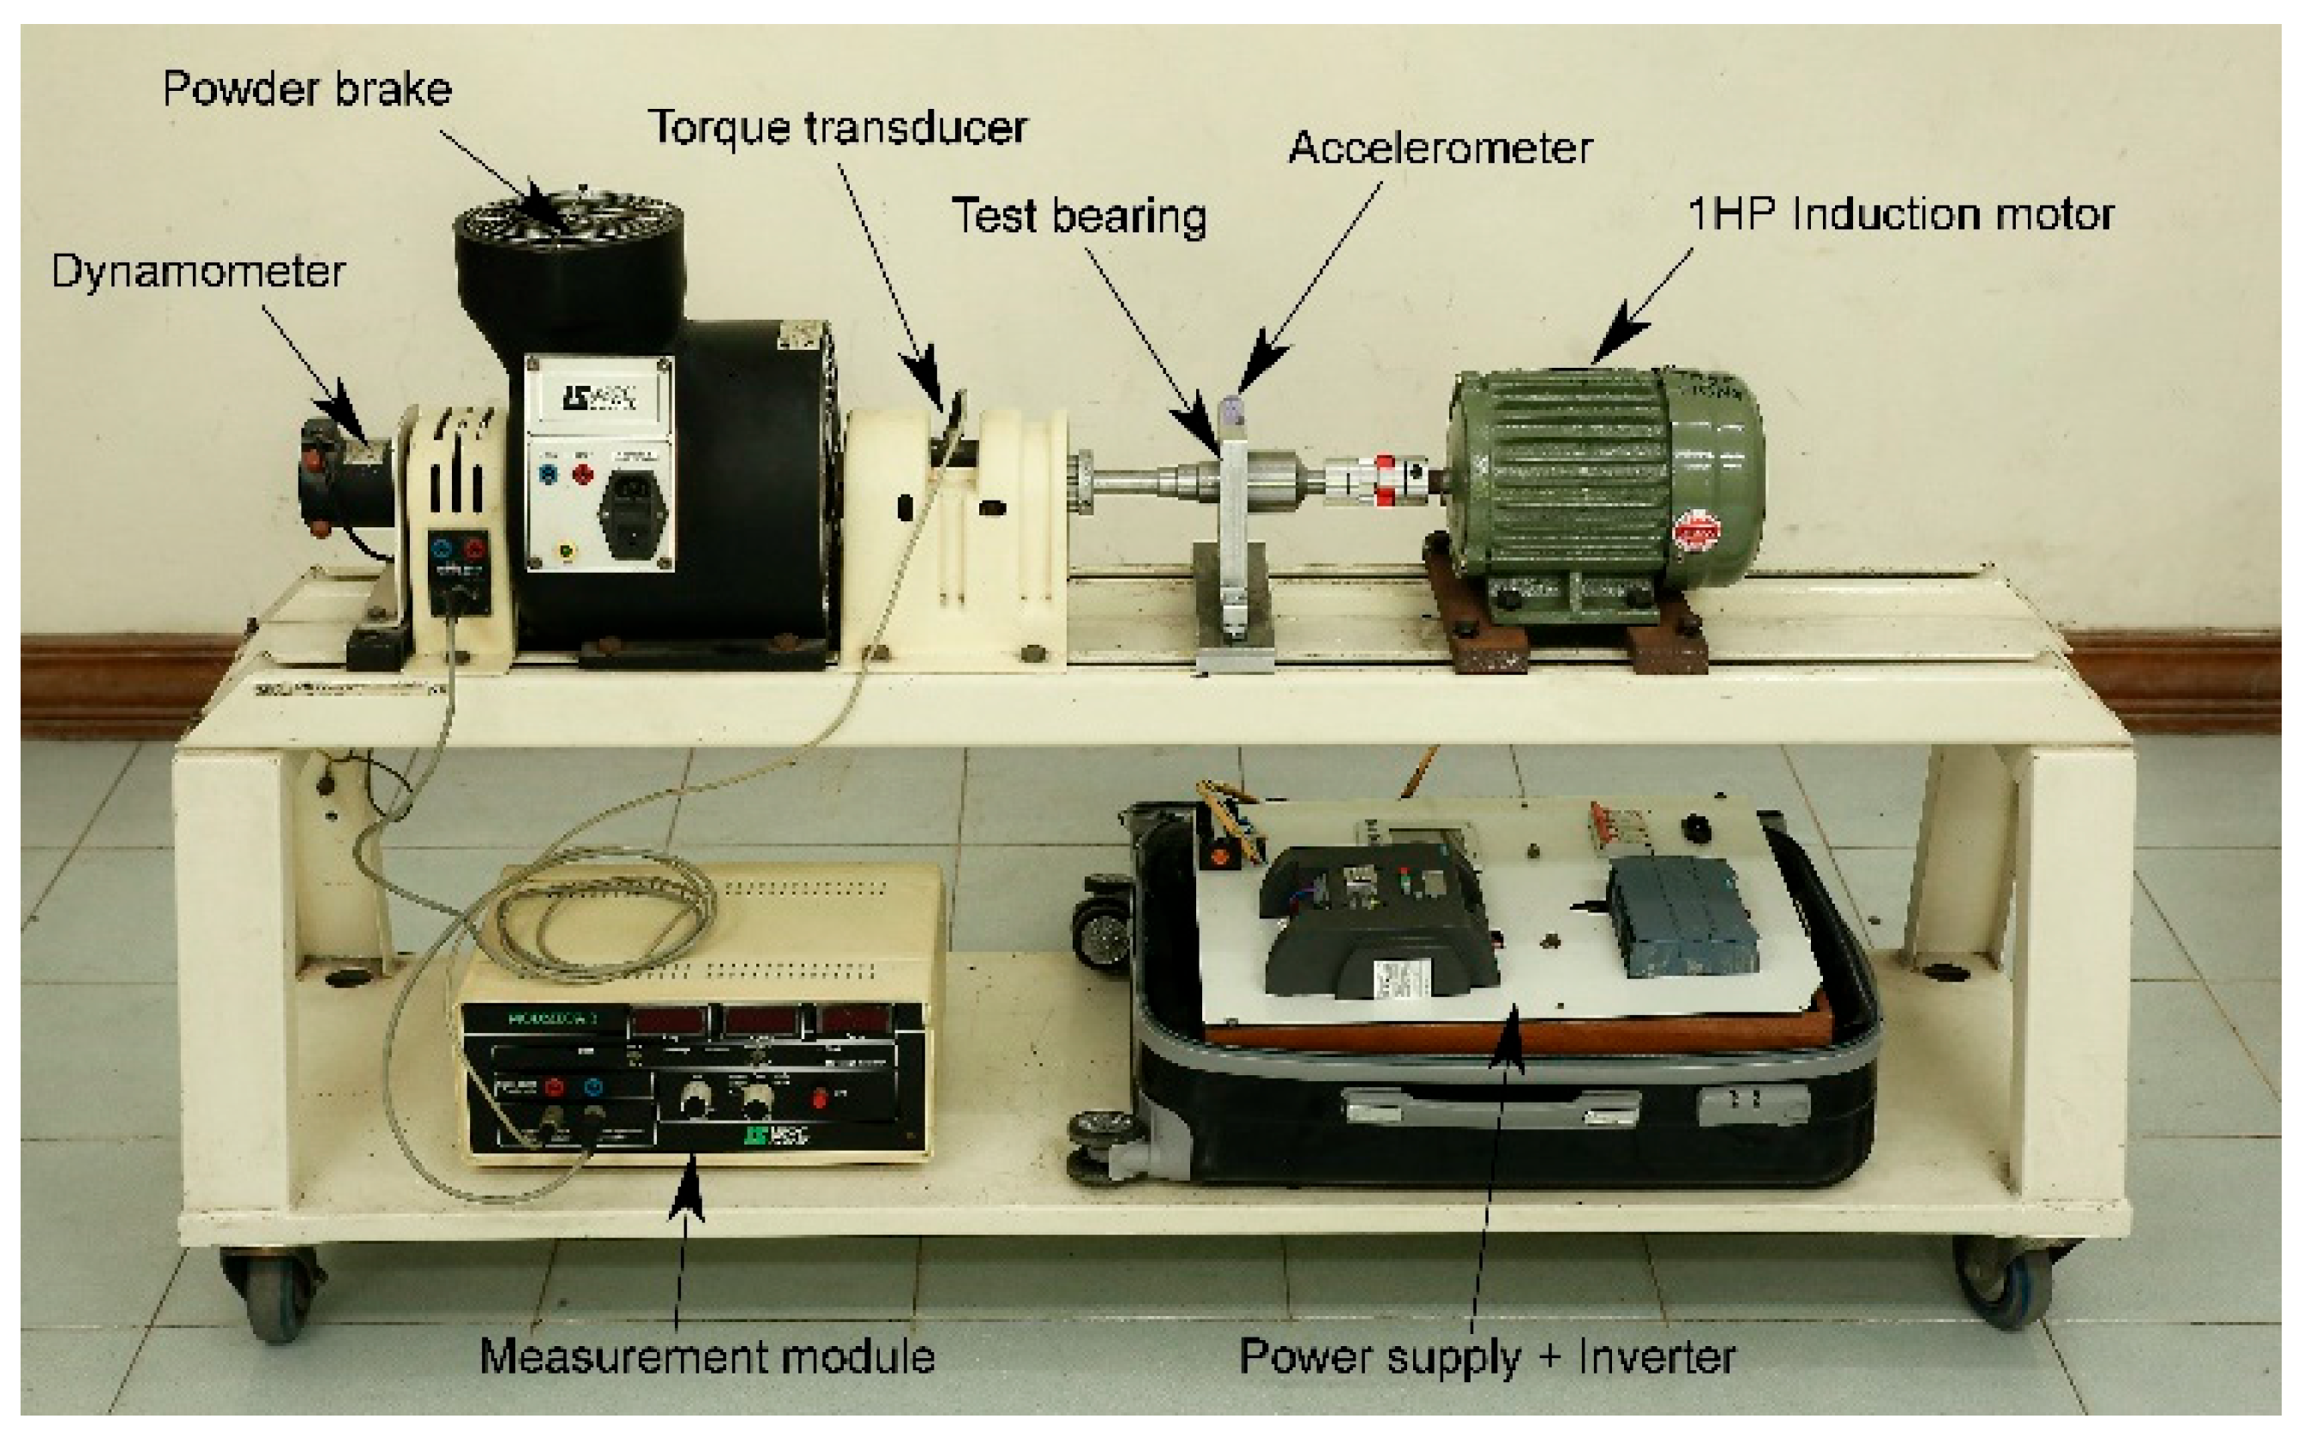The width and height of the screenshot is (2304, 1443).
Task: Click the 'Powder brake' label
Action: (x=306, y=90)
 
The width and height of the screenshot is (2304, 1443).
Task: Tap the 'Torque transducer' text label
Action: (x=837, y=128)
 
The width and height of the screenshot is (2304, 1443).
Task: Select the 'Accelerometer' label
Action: (x=1440, y=148)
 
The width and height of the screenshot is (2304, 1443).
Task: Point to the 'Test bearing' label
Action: (x=1079, y=216)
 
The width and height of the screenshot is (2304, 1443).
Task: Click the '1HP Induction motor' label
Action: (x=1900, y=213)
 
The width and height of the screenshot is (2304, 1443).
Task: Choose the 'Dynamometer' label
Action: (x=197, y=272)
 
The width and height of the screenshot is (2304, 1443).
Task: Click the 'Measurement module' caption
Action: (x=707, y=1356)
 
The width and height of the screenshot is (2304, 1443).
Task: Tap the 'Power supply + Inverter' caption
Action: (x=1486, y=1356)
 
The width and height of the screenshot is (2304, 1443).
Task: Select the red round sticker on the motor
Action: (x=1696, y=530)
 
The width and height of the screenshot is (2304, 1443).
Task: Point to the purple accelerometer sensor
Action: (x=1232, y=412)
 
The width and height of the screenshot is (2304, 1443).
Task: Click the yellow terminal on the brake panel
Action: (x=567, y=550)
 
